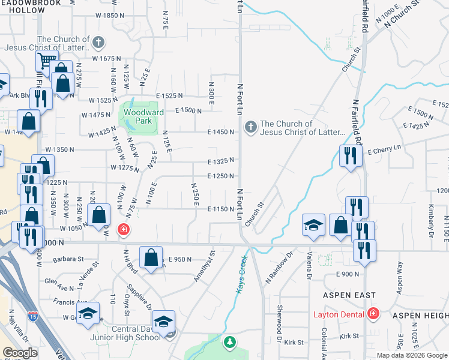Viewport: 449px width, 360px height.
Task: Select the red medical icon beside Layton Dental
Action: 373,314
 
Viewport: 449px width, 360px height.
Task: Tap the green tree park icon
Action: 229,342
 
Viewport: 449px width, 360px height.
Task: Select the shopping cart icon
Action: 46,60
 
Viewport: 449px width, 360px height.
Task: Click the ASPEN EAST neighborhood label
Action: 349,295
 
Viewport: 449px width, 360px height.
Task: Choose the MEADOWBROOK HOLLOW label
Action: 24,7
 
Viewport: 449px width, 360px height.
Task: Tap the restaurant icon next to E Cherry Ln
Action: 348,156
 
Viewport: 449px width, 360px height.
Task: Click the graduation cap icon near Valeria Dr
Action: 313,225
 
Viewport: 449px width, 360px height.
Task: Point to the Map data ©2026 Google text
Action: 411,355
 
